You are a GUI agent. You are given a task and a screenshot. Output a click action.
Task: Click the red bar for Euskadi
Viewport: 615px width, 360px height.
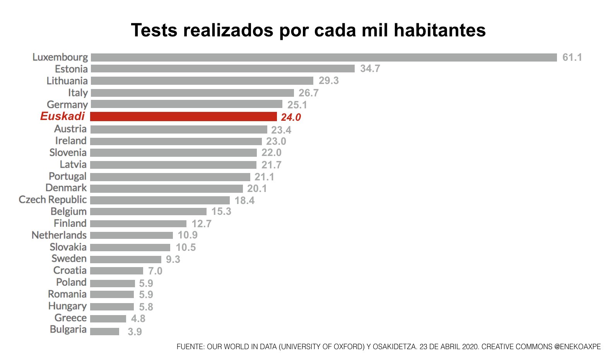(x=183, y=117)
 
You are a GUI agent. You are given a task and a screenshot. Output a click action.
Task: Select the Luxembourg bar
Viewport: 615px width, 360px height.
(x=323, y=57)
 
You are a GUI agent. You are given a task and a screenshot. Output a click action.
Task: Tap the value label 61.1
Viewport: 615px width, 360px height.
(x=572, y=57)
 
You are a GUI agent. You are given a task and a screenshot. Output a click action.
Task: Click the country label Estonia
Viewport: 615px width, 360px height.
(x=71, y=69)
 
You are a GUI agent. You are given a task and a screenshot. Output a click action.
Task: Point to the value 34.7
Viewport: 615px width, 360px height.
(x=370, y=69)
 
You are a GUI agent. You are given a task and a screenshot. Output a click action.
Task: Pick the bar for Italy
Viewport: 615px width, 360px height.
(x=192, y=93)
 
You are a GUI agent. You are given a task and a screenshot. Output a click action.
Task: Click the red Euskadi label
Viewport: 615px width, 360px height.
(x=62, y=116)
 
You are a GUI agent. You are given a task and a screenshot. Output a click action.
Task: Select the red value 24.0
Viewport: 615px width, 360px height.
(x=290, y=117)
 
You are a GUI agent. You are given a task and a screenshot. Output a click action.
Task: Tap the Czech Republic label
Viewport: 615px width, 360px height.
(x=53, y=200)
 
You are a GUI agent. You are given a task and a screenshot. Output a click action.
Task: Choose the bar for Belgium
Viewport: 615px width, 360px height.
(x=148, y=212)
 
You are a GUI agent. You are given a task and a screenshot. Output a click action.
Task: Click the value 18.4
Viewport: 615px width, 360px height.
(x=244, y=201)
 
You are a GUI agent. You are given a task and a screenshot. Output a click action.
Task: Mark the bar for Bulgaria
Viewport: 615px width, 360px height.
(x=104, y=332)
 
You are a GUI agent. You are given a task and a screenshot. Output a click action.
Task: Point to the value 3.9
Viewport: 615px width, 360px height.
(x=135, y=332)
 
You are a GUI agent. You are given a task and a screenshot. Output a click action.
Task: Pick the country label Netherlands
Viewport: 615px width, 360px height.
(x=59, y=235)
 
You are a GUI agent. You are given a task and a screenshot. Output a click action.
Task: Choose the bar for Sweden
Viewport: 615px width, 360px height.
(x=126, y=259)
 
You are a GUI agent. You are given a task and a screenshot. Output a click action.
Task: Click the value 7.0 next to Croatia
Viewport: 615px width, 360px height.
(x=155, y=271)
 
